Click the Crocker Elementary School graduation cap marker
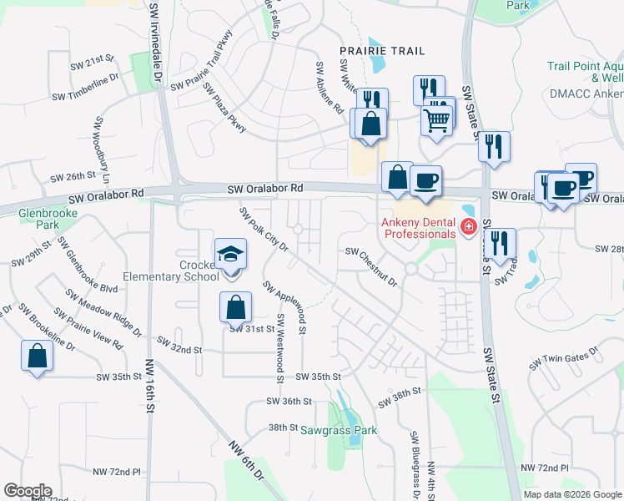click(x=230, y=254)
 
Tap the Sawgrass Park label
click(x=340, y=431)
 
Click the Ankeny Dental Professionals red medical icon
click(x=469, y=226)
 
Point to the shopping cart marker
click(x=437, y=121)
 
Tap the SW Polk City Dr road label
click(x=264, y=230)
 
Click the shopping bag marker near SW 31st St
click(x=235, y=308)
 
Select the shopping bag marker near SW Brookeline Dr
click(x=38, y=356)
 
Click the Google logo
click(x=28, y=491)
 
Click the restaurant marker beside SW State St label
click(x=494, y=146)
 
